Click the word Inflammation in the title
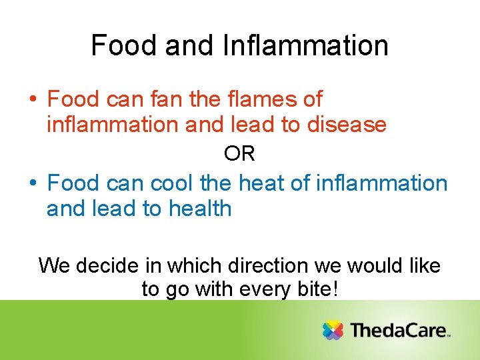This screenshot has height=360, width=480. point(306,46)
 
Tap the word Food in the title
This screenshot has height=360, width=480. point(117,46)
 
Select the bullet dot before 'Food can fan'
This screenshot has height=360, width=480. point(33,100)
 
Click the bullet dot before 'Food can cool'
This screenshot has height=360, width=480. point(33,183)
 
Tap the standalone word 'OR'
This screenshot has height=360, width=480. point(239,154)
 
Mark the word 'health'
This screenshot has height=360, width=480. point(200,209)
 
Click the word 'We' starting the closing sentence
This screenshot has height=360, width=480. point(54,266)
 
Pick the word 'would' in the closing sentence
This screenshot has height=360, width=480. point(378,266)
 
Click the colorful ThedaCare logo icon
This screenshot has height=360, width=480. point(333,330)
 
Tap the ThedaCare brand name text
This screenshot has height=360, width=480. point(398,330)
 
